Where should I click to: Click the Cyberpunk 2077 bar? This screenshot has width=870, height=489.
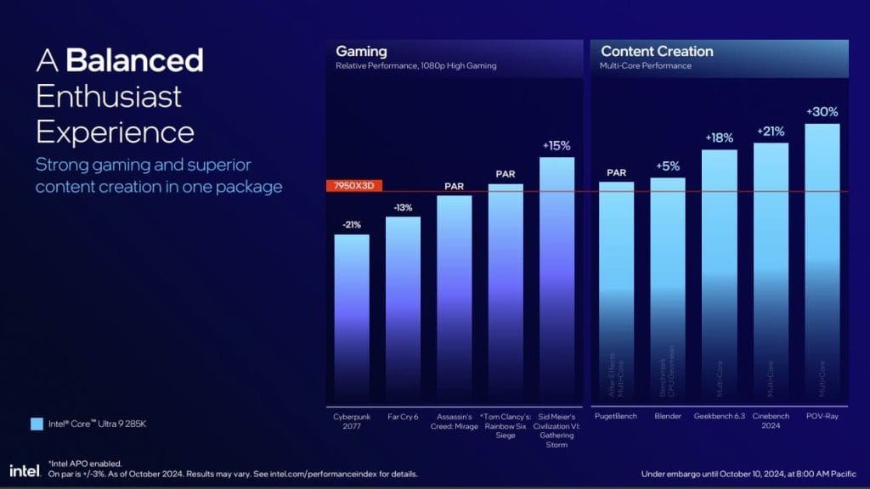coord(352,318)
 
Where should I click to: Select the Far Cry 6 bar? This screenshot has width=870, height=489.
coord(403,310)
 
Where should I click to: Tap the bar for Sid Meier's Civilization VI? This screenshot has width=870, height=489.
coord(556,280)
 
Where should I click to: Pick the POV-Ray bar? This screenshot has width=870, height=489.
coord(822,263)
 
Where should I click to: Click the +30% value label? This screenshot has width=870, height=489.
coord(822,111)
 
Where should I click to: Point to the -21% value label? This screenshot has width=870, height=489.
coord(352,223)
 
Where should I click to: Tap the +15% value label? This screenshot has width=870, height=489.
coord(556,145)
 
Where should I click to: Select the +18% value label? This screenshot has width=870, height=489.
coord(719,138)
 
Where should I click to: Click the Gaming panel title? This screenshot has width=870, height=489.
coord(361,52)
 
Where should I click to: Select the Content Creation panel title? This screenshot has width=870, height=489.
coord(657,52)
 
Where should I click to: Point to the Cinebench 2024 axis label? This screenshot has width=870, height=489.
coord(771,421)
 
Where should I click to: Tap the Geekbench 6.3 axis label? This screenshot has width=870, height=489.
coord(719,417)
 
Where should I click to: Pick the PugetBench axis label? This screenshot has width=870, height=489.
coord(616,417)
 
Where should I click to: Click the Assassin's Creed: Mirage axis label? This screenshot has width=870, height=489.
coord(454,421)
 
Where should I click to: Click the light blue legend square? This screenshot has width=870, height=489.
coord(35,422)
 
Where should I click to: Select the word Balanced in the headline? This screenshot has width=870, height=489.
coord(134,61)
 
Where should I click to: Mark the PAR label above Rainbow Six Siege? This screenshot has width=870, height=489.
coord(506,174)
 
